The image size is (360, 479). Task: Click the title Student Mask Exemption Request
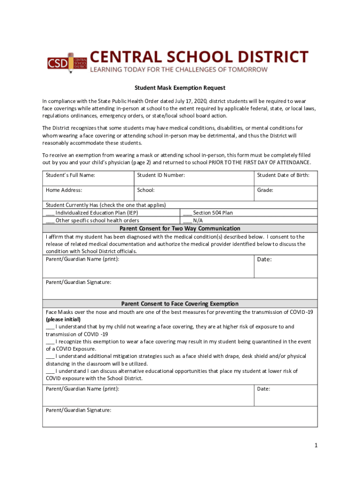180,87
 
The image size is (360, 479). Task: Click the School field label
146,190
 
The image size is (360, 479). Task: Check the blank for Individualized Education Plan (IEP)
50,213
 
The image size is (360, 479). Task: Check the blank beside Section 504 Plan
187,213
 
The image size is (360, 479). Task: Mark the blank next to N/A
187,220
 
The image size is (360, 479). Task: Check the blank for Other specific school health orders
50,220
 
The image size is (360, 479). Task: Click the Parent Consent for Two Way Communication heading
180,228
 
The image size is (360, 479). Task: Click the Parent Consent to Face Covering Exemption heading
180,304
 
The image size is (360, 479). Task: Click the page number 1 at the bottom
316,445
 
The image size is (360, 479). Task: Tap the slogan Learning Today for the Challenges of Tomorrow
179,69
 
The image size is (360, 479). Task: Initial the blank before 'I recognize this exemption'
50,341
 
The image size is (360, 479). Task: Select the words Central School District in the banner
199,57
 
